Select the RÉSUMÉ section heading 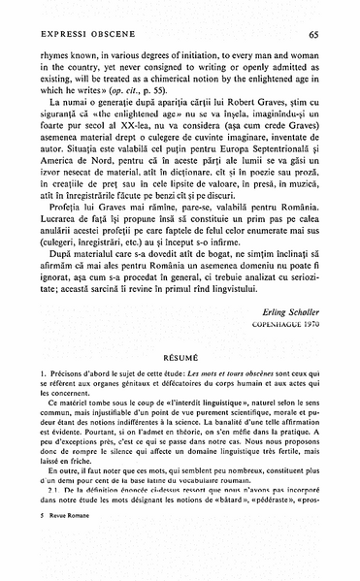[x=180, y=383]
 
